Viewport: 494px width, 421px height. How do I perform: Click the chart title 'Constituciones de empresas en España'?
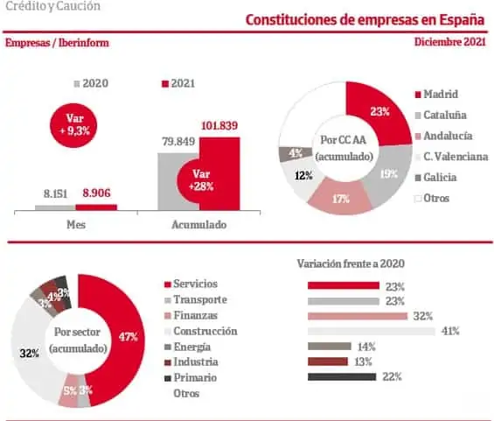point(365,20)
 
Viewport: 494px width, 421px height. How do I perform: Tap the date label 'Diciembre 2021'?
point(450,42)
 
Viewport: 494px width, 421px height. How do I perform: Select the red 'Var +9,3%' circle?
point(73,125)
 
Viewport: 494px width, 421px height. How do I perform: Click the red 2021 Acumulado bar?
point(220,174)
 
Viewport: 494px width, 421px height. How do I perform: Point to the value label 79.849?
point(178,142)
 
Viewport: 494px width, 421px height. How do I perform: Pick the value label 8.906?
point(96,193)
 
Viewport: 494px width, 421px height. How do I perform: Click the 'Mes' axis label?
point(76,225)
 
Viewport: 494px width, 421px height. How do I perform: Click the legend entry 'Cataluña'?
point(441,115)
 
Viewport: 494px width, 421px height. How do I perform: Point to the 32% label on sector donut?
point(30,354)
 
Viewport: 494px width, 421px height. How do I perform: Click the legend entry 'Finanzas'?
point(191,315)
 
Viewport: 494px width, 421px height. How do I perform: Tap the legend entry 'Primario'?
point(191,377)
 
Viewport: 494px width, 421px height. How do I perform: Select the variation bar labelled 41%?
point(371,332)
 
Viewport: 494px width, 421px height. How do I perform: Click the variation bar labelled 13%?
point(328,361)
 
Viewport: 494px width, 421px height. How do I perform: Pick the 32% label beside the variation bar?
point(423,316)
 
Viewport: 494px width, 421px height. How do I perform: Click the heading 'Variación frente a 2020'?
point(351,263)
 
